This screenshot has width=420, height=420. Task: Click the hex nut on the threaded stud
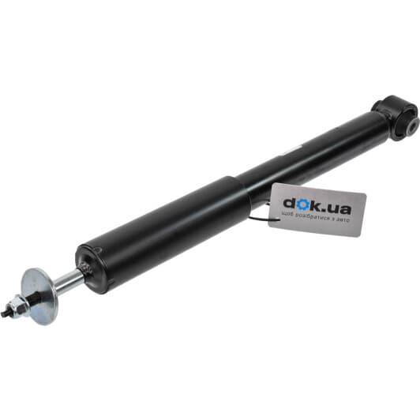point(17,307)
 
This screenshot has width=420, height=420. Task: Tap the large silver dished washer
point(40,296)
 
